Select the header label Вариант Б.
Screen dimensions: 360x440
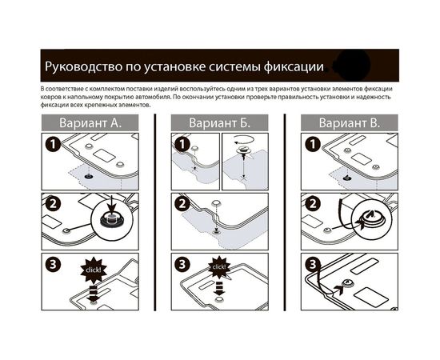[x=218, y=123]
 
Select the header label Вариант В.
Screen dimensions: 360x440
[x=349, y=123]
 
